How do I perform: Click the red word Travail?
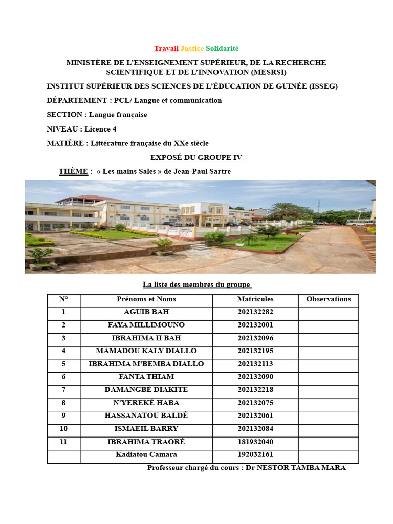pos(166,49)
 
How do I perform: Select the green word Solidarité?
pos(222,49)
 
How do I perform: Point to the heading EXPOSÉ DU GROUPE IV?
pos(196,158)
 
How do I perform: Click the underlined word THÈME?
pos(73,171)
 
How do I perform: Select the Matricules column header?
pos(255,299)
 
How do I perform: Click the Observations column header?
pos(329,299)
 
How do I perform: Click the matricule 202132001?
pos(255,325)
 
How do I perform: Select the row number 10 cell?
pos(63,428)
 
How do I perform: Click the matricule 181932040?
pos(255,442)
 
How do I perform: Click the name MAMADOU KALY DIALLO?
pos(146,351)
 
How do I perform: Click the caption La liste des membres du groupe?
pos(196,285)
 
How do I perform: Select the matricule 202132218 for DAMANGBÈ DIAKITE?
pos(255,390)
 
